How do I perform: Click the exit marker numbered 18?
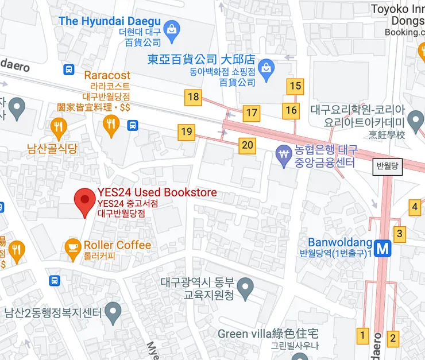(x=194, y=97)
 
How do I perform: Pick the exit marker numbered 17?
(x=251, y=113)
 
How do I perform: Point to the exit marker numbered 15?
(x=295, y=87)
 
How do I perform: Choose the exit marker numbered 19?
(x=186, y=132)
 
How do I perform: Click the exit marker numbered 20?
(x=248, y=145)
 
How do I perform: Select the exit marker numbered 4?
(x=415, y=207)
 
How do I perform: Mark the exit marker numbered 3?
(x=400, y=234)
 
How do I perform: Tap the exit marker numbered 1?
(x=362, y=334)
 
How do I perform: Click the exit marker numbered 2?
(x=393, y=338)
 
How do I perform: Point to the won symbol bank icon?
(x=283, y=154)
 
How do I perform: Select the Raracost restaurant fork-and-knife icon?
(x=111, y=125)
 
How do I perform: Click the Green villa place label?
(x=268, y=334)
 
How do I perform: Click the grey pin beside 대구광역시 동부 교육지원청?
(x=246, y=286)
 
